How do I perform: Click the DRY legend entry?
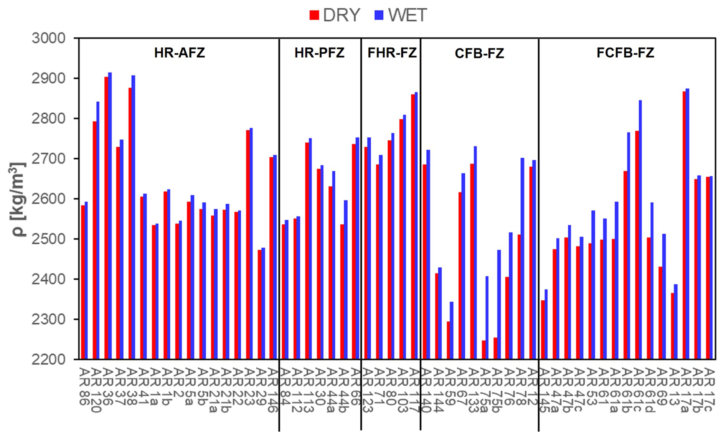pos(335,15)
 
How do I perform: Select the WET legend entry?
pos(401,15)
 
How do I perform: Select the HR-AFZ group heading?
pos(180,53)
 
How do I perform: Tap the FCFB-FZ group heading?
pos(625,53)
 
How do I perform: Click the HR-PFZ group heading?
pos(319,53)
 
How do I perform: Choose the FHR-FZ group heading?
pos(392,53)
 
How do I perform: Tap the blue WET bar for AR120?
pos(98,230)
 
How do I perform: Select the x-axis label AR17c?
pos(709,389)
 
